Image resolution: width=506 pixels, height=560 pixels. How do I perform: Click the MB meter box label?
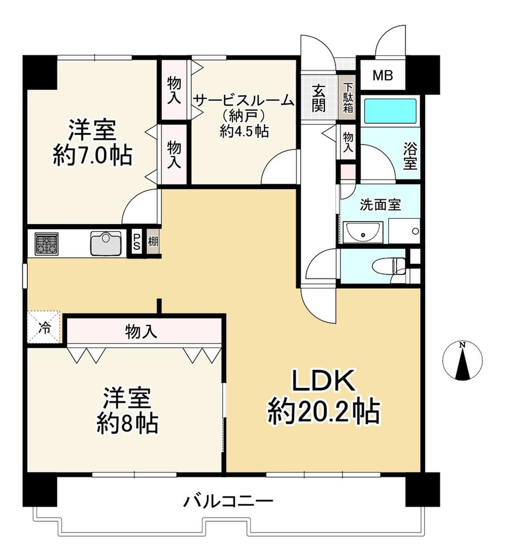click(x=383, y=75)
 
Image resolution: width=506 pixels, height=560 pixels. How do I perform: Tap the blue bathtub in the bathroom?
click(x=390, y=111)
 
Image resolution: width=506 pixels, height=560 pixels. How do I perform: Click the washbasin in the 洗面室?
click(x=362, y=232)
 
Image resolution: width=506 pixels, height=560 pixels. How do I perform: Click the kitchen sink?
click(x=106, y=243)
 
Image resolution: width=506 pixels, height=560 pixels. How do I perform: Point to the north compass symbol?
click(x=462, y=361)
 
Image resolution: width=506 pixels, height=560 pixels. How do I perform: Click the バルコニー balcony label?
click(x=229, y=501)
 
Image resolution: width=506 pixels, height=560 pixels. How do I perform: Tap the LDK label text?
click(x=323, y=381)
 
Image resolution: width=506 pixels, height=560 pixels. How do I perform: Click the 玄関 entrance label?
click(x=318, y=98)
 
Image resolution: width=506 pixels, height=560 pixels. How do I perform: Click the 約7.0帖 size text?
click(x=93, y=155)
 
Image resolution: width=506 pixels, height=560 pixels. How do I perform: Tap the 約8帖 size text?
click(x=128, y=423)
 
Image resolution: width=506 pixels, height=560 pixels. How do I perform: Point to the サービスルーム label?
click(x=244, y=101)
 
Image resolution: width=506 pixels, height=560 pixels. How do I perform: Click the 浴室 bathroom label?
click(x=410, y=156)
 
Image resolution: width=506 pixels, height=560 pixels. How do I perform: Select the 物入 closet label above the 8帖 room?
click(x=141, y=332)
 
